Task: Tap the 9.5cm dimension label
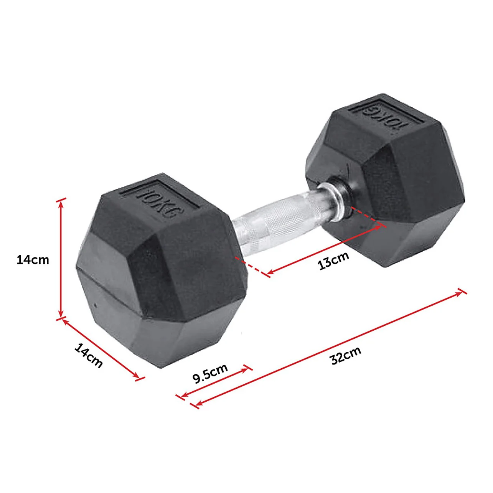click(210, 374)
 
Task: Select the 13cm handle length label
click(333, 261)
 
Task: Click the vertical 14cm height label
click(33, 260)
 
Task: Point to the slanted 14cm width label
click(89, 356)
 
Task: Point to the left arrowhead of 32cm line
click(198, 404)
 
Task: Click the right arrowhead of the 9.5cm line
click(246, 369)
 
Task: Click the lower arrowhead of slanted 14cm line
click(137, 377)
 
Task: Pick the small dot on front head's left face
click(95, 305)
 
